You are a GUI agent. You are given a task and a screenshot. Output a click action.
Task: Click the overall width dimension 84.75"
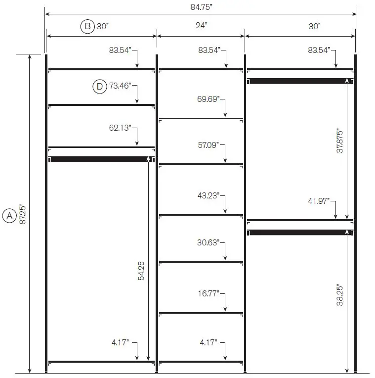(x=201, y=7)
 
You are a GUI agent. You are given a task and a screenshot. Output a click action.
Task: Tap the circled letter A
(x=9, y=216)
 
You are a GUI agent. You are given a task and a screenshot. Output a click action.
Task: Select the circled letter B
(x=87, y=26)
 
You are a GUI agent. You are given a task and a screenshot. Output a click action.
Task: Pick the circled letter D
(x=100, y=86)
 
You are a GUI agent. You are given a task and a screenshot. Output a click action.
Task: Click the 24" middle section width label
(x=201, y=25)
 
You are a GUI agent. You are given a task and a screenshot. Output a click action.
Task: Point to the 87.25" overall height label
(x=22, y=214)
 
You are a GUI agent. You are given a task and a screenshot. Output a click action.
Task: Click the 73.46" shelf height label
(x=120, y=86)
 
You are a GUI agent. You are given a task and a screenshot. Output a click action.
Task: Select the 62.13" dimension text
(x=120, y=128)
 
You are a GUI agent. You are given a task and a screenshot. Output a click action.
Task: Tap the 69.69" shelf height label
(x=208, y=99)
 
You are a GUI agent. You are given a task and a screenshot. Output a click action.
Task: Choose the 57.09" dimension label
(x=208, y=145)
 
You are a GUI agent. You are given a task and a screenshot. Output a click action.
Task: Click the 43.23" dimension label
(x=208, y=195)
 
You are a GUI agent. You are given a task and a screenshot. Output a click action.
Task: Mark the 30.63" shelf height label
(x=208, y=242)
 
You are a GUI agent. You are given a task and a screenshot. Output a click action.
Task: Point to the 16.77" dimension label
(x=208, y=293)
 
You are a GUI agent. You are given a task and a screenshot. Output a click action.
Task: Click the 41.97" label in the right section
(x=319, y=201)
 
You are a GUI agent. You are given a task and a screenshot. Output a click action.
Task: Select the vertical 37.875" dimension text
(x=339, y=141)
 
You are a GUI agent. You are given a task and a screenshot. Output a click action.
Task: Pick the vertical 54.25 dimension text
(x=141, y=271)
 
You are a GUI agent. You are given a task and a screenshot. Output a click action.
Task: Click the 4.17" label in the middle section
(x=208, y=342)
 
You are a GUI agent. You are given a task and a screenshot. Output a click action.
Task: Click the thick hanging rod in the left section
(x=101, y=159)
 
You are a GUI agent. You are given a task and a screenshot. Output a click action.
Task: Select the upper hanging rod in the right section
(x=300, y=81)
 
